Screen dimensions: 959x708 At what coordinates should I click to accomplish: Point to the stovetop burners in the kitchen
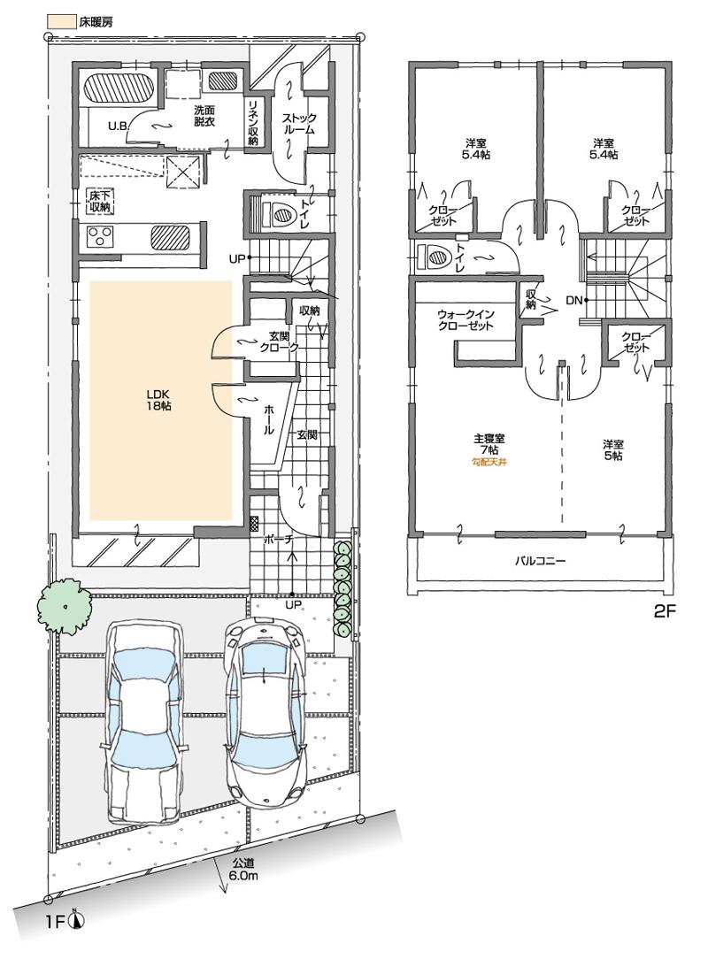(99, 236)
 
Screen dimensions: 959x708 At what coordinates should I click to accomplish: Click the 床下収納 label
(99, 200)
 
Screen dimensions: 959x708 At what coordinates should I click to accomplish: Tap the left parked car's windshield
(142, 671)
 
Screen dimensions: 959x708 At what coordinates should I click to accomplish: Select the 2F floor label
(665, 610)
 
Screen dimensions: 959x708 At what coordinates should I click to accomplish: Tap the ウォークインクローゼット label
(465, 319)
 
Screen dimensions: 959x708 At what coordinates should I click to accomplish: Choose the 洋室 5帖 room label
(614, 449)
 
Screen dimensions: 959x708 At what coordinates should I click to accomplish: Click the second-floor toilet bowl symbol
(439, 257)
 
